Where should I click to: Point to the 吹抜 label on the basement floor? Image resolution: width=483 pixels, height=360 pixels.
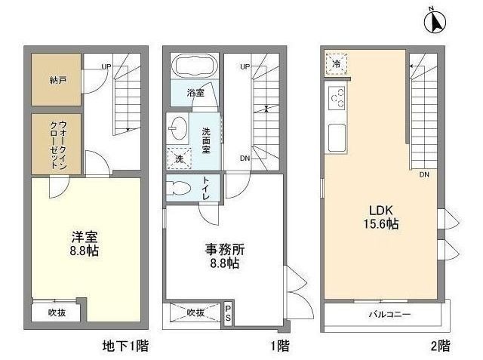tap(57, 312)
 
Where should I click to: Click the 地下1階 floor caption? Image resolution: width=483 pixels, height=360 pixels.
tap(125, 346)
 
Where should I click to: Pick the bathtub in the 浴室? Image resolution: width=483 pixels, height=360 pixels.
tap(194, 66)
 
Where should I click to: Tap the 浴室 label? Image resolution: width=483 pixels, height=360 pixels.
tap(195, 93)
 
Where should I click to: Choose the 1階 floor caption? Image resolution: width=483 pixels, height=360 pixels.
tap(278, 346)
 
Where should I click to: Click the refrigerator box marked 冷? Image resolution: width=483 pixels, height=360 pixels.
tap(337, 63)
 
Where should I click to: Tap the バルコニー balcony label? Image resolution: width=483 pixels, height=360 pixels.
tap(388, 313)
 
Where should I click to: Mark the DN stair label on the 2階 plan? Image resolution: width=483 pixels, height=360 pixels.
tap(425, 174)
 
